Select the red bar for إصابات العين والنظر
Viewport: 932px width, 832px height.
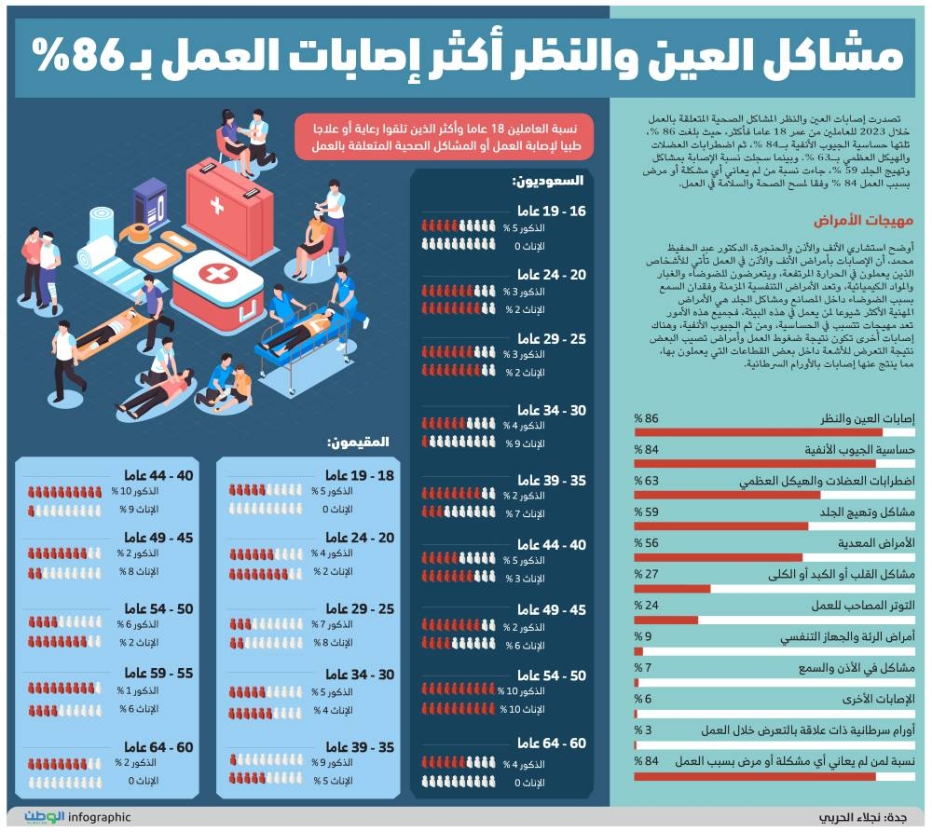pos(759,432)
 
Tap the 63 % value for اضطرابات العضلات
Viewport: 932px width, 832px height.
pos(646,481)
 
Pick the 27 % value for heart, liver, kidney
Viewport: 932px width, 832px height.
pos(646,575)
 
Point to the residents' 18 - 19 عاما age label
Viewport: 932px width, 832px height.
pos(360,475)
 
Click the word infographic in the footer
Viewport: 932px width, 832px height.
pos(100,817)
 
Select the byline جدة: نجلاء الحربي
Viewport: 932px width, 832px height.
pos(862,818)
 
